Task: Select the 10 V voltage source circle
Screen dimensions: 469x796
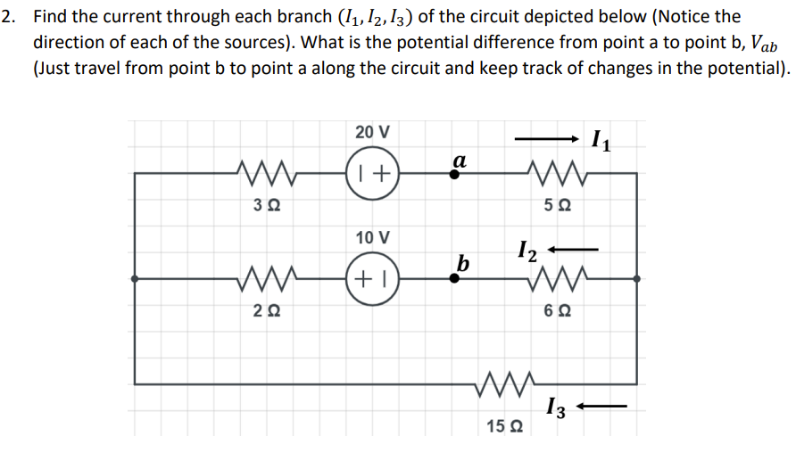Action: (372, 278)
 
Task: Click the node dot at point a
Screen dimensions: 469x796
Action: (454, 176)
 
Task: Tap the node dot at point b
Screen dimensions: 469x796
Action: (454, 278)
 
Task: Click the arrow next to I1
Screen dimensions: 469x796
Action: (547, 139)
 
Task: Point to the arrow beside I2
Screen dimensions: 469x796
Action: (572, 249)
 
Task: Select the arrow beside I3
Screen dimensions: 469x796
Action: (603, 408)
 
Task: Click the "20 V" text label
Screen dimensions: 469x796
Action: (372, 132)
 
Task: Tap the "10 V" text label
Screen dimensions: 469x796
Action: (372, 238)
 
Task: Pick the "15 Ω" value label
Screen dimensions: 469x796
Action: (505, 428)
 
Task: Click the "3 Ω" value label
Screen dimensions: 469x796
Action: (265, 204)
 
